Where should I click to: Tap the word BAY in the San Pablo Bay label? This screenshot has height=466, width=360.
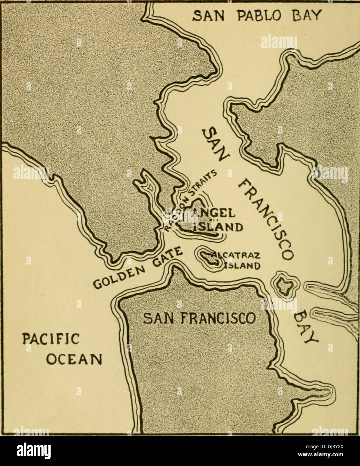click(x=305, y=15)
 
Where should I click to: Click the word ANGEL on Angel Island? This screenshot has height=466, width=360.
click(x=218, y=213)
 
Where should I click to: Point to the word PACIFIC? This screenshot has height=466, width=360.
click(x=50, y=339)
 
